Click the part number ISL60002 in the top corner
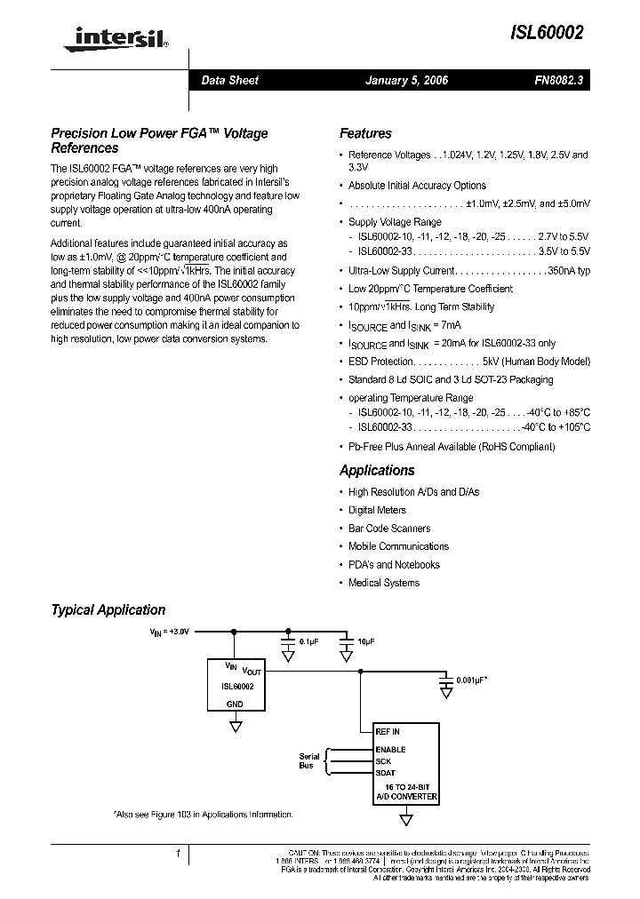pyautogui.click(x=547, y=33)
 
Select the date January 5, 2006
pyautogui.click(x=406, y=81)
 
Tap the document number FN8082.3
pyautogui.click(x=558, y=81)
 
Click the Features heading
pyautogui.click(x=365, y=134)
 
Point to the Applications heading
pyautogui.click(x=377, y=471)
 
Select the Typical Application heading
pyautogui.click(x=108, y=610)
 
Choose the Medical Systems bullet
pyautogui.click(x=384, y=583)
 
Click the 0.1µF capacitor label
pyautogui.click(x=308, y=640)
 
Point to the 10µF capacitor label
pyautogui.click(x=365, y=640)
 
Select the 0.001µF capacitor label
pyautogui.click(x=472, y=680)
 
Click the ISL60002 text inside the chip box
pyautogui.click(x=236, y=687)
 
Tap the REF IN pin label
pyautogui.click(x=388, y=732)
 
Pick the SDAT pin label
pyautogui.click(x=386, y=773)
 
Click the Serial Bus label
pyautogui.click(x=308, y=761)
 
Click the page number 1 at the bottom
pyautogui.click(x=178, y=855)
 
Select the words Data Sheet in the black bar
pyautogui.click(x=229, y=81)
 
